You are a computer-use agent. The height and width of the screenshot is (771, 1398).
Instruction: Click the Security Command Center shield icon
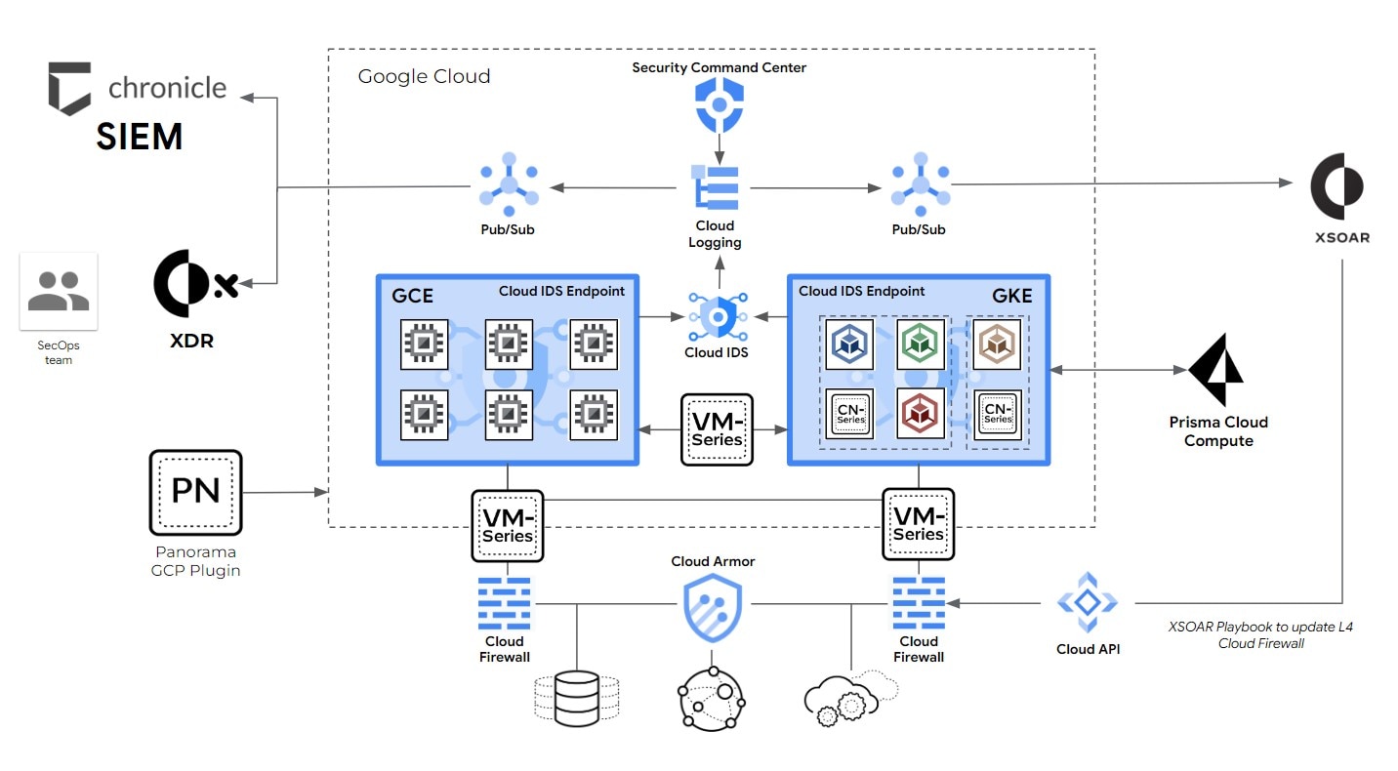point(720,104)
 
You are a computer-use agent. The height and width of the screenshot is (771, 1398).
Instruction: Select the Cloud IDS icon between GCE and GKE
point(718,316)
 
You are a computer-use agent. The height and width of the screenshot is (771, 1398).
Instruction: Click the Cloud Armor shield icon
point(713,608)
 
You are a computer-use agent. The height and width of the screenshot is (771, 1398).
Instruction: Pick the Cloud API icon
point(1088,603)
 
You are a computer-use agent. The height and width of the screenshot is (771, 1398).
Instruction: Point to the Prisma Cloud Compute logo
point(1216,372)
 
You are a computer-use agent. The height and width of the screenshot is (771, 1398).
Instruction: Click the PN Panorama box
point(195,492)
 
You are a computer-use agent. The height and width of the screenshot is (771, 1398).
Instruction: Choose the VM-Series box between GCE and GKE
point(718,429)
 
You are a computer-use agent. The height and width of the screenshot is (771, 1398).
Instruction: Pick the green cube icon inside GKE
point(921,345)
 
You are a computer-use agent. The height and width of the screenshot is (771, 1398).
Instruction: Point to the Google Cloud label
point(424,76)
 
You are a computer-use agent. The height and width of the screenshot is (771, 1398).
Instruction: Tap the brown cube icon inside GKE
point(997,345)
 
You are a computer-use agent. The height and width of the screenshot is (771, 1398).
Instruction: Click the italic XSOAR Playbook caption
point(1261,634)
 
